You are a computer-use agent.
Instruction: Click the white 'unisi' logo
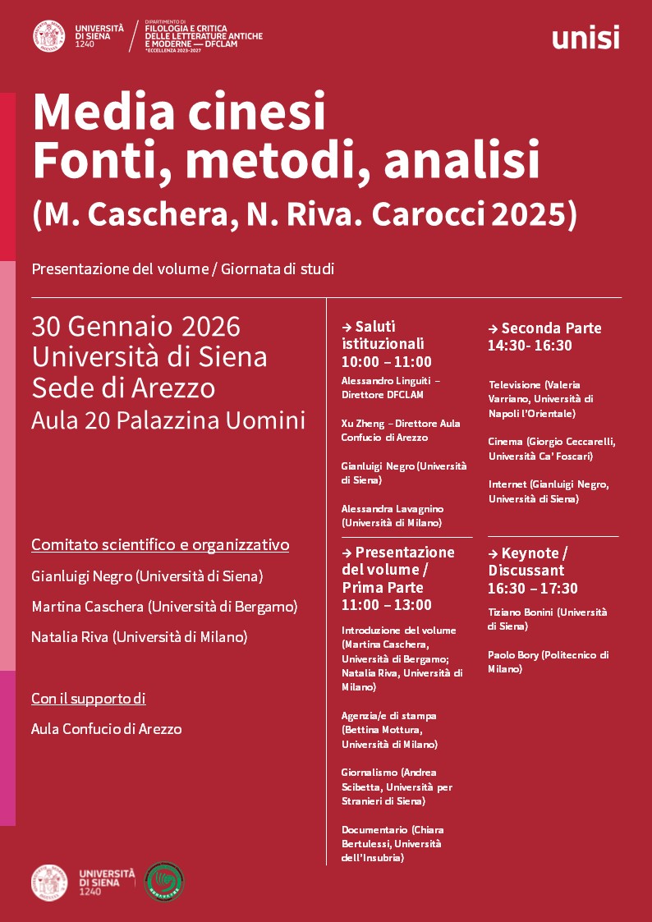coord(585,37)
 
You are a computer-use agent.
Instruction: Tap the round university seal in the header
coord(48,35)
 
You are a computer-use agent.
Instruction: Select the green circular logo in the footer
coord(164,882)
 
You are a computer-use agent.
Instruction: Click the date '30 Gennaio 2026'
coord(135,326)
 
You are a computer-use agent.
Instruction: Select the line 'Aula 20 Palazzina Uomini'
coord(168,420)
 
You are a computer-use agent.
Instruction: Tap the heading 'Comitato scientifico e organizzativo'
coord(160,545)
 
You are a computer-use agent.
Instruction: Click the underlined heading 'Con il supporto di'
coord(89,699)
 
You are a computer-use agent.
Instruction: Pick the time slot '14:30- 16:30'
coord(530,346)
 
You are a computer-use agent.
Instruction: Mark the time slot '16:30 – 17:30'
coord(533,588)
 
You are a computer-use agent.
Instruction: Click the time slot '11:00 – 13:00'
coord(386,605)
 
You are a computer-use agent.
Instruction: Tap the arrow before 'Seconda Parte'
coord(493,328)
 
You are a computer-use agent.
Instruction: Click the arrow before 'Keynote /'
coord(493,553)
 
